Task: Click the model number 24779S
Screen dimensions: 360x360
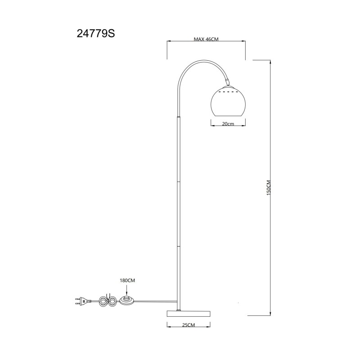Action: (96, 34)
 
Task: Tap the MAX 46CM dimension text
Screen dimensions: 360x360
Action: (206, 39)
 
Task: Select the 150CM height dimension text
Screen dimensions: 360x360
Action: (269, 188)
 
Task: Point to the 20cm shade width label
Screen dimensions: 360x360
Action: (228, 124)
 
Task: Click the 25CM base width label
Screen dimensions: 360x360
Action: (188, 325)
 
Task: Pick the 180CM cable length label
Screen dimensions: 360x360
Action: (127, 280)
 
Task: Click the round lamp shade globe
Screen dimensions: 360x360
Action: (228, 101)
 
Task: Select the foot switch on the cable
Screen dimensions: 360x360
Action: (127, 301)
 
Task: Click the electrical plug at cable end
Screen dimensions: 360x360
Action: (83, 301)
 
